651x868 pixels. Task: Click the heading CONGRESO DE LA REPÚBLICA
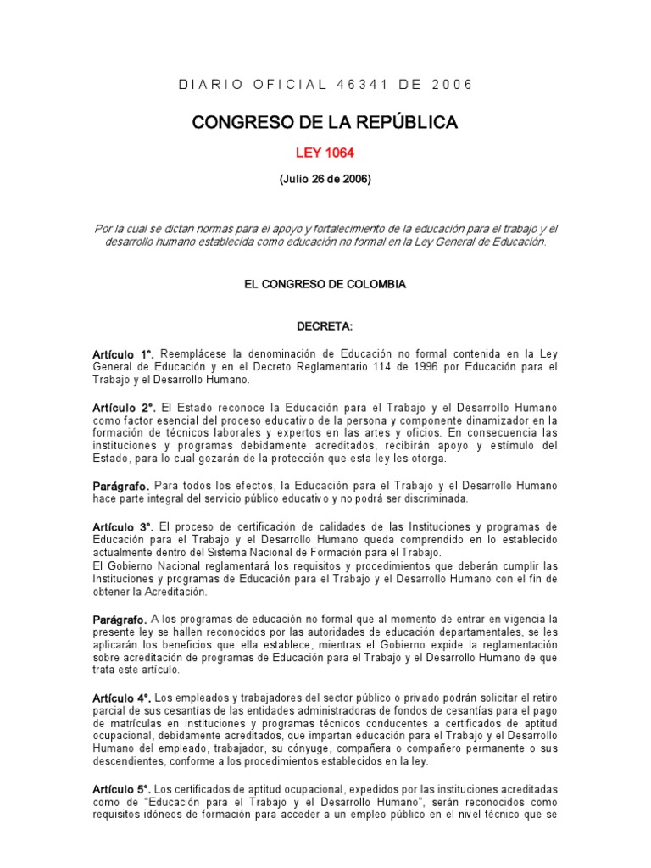(x=325, y=123)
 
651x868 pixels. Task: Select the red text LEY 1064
(x=325, y=153)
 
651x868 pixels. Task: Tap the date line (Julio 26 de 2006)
(x=325, y=179)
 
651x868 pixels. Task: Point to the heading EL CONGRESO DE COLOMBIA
(x=325, y=284)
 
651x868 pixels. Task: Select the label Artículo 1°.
(x=125, y=353)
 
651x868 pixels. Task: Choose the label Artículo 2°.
(x=125, y=409)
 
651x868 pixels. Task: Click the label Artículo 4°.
(x=125, y=697)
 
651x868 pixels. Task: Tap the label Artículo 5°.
(x=125, y=789)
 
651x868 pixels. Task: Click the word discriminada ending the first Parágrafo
(x=431, y=498)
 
